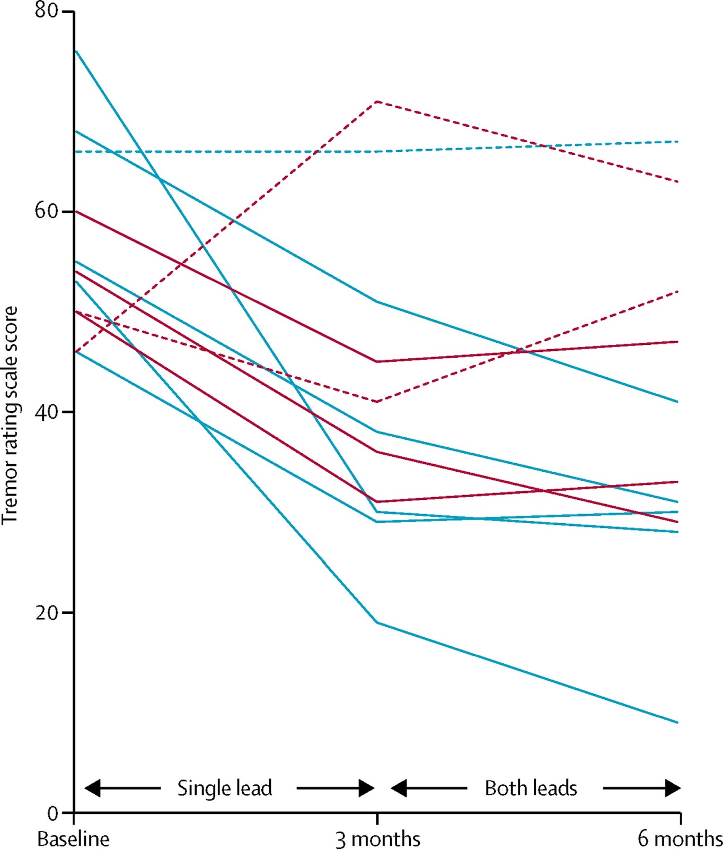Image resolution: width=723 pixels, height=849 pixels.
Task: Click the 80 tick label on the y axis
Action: (46, 11)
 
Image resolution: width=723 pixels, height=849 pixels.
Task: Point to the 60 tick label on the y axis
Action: (46, 211)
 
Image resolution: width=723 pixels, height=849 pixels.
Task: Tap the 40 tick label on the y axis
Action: (46, 412)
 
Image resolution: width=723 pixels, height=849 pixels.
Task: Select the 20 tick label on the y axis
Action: (46, 612)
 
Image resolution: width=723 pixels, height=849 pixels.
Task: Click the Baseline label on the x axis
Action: (73, 839)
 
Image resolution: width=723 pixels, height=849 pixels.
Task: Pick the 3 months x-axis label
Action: (378, 839)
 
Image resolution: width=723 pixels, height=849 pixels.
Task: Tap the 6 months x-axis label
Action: (680, 839)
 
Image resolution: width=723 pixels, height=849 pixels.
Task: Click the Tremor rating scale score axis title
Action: (10, 415)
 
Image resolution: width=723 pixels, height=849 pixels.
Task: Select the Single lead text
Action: (225, 788)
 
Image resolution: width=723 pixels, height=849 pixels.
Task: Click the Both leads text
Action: (531, 788)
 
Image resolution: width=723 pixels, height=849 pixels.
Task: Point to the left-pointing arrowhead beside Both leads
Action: (399, 788)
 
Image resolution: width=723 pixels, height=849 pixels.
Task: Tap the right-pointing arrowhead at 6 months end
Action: (673, 788)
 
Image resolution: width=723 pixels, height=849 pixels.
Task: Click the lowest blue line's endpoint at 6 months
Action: (678, 722)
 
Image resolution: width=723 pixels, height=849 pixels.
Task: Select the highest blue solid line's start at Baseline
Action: (75, 50)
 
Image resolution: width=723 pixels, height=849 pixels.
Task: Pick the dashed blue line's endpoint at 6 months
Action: (678, 141)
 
